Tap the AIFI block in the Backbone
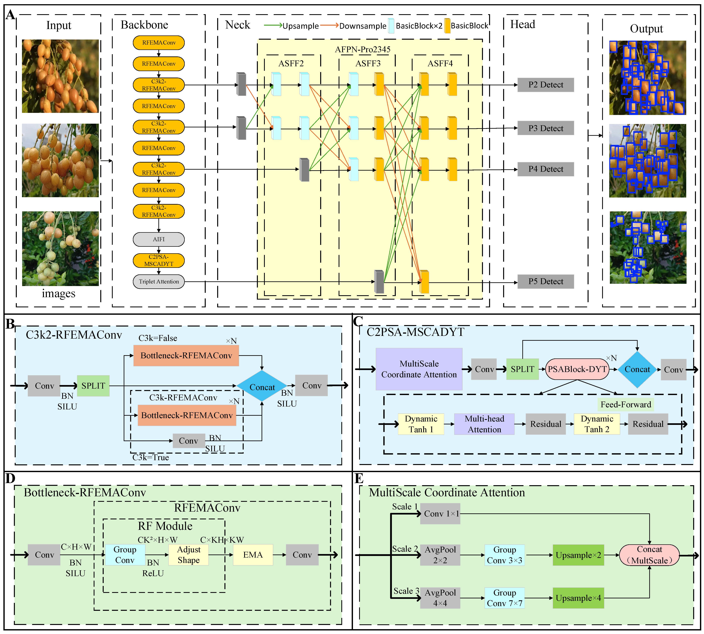tap(159, 239)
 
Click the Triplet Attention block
tap(159, 282)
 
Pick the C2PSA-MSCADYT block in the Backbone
tap(159, 260)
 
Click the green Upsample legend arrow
tap(273, 25)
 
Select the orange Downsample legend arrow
tap(329, 25)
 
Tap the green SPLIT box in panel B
tap(93, 386)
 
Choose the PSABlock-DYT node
tap(577, 369)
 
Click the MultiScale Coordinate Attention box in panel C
tap(419, 369)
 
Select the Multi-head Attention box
tap(484, 424)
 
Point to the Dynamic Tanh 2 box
tap(597, 424)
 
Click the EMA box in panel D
tap(253, 555)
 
